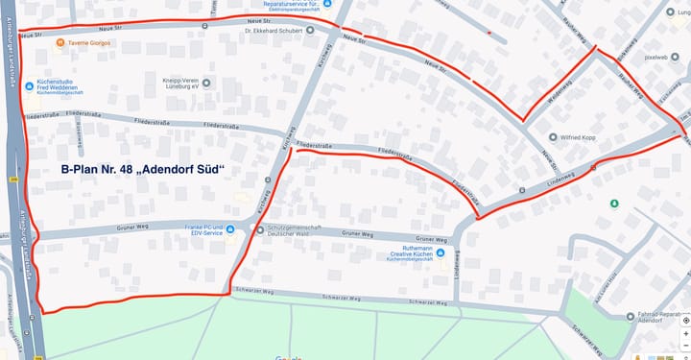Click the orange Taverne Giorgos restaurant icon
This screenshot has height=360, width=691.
60,43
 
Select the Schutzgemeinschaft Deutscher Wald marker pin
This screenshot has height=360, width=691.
259,229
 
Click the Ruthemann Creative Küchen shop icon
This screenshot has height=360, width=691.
440,252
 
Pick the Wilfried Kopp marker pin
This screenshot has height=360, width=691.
553,137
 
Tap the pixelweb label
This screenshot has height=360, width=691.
655,57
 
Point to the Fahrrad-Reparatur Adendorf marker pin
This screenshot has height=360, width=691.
631,316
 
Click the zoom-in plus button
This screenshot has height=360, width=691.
685,333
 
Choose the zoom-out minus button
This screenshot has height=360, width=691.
685,347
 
